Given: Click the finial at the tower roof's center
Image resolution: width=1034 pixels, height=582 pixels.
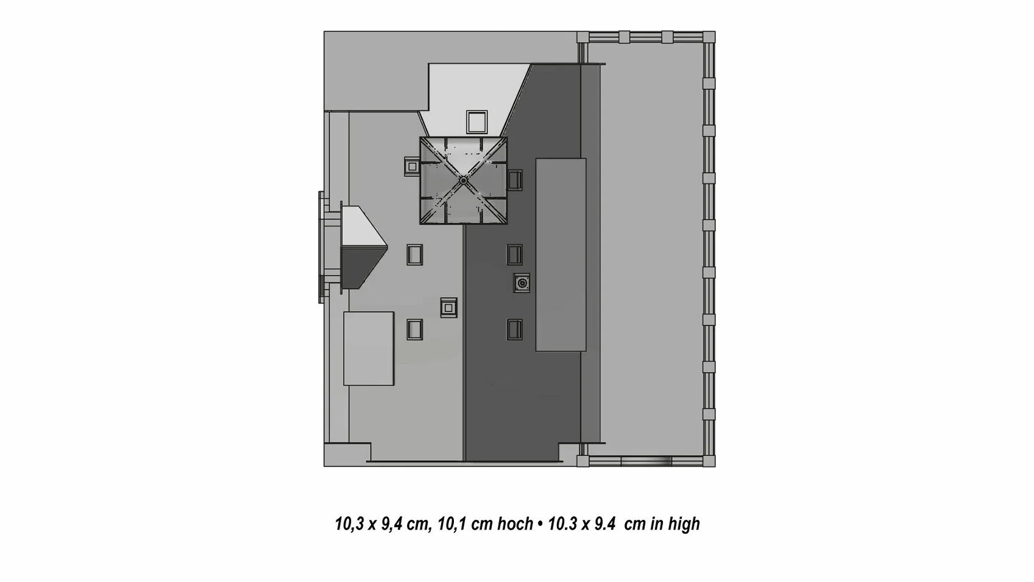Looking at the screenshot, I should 463,180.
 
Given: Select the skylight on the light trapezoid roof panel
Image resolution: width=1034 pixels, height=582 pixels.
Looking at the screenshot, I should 476,122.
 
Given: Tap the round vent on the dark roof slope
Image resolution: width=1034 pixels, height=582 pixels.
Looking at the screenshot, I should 522,283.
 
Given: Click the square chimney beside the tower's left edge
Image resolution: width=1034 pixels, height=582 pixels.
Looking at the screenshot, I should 412,166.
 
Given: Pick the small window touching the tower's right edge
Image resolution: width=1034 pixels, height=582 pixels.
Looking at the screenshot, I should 515,180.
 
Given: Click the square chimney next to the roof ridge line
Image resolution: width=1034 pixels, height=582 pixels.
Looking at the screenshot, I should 448,308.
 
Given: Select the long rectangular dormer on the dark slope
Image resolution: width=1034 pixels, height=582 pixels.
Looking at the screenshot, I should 561,255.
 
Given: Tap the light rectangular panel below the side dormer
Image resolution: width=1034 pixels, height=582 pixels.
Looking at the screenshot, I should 368,349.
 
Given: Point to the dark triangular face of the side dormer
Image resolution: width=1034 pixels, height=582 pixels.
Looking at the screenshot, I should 359,267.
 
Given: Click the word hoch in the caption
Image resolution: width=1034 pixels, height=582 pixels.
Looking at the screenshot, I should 515,524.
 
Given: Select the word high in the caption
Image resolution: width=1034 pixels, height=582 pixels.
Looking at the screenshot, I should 684,524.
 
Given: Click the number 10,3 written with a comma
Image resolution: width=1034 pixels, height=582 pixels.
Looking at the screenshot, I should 349,524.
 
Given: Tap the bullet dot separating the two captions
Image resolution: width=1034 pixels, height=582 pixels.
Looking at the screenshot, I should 540,524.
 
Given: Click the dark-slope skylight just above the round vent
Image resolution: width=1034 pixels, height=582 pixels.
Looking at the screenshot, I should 515,255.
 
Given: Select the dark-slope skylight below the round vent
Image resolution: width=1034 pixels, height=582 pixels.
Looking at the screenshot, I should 515,330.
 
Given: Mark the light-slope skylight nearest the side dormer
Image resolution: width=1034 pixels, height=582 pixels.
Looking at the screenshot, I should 414,255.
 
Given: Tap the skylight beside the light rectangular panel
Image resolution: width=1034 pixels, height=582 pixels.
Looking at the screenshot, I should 414,330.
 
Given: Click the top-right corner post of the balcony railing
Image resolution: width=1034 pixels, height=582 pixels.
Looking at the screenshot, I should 709,37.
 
